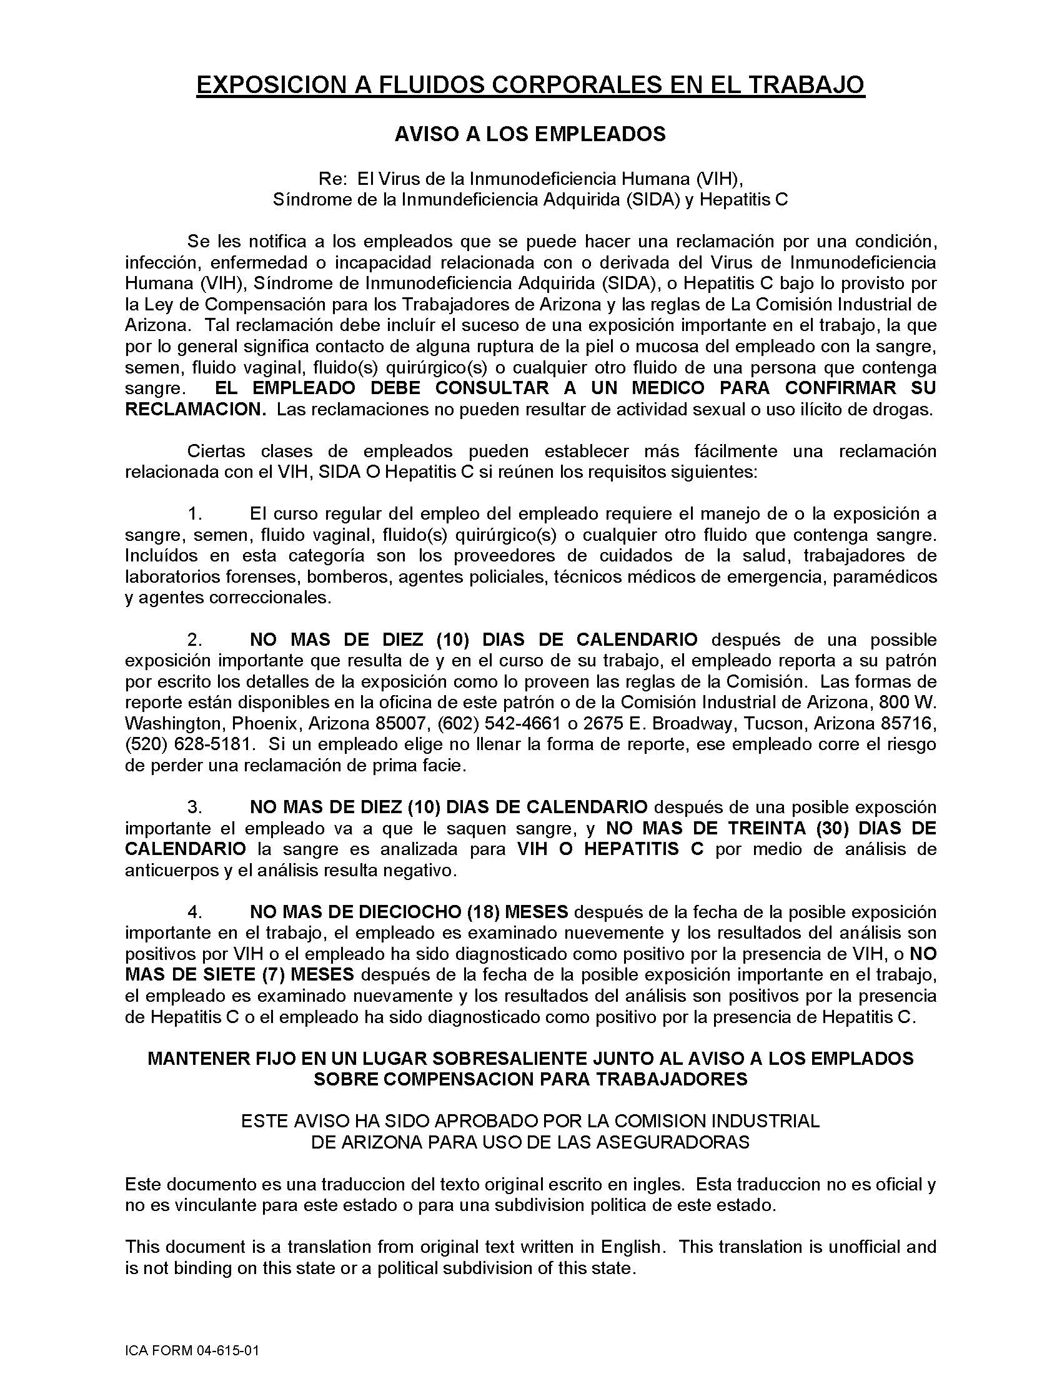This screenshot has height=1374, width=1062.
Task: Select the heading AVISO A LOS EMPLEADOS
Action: click(530, 134)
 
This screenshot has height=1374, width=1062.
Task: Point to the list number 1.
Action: click(195, 514)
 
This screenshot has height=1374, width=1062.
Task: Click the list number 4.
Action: click(195, 912)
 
